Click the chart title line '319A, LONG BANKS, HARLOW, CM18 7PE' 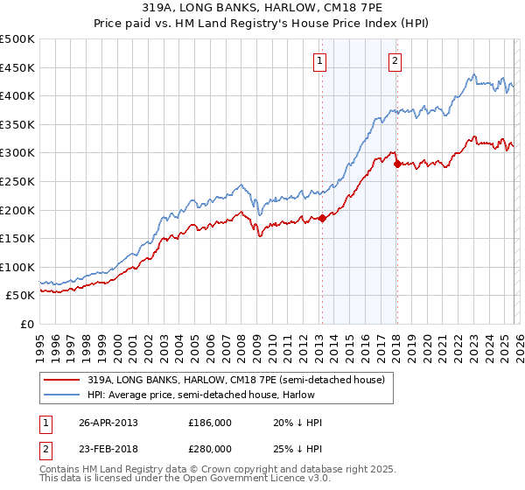(262, 10)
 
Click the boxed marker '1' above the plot (320, 60)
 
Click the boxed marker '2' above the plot (395, 60)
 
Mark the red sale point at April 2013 (322, 218)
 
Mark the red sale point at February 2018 (397, 164)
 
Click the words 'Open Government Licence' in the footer (253, 480)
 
